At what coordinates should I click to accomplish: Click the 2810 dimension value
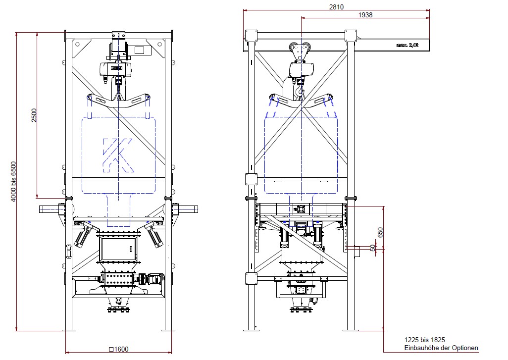point(336,7)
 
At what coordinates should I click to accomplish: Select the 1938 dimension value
point(365,15)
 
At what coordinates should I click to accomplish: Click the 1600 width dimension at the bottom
point(118,349)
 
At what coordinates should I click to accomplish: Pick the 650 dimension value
point(380,232)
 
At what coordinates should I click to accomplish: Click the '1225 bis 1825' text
point(424,340)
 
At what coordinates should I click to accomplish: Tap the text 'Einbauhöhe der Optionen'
point(441,348)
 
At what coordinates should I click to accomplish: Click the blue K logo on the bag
point(118,154)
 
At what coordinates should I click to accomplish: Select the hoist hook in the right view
point(300,91)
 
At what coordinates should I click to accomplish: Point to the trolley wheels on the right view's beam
point(300,50)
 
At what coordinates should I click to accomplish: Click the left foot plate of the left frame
point(69,329)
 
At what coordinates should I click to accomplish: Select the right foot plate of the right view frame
point(351,329)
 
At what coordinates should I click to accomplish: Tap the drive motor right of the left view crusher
point(153,279)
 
